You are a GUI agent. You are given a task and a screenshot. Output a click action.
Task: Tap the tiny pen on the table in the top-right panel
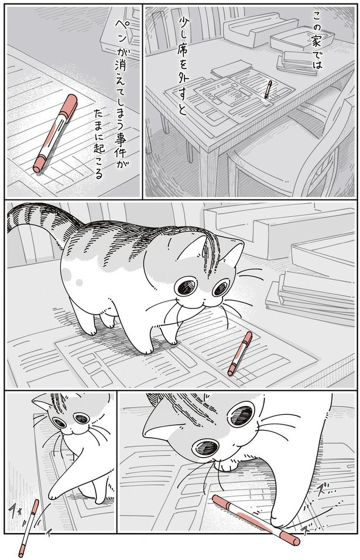[x=269, y=90]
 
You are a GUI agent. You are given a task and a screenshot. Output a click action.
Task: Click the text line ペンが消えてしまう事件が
[x=124, y=88]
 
